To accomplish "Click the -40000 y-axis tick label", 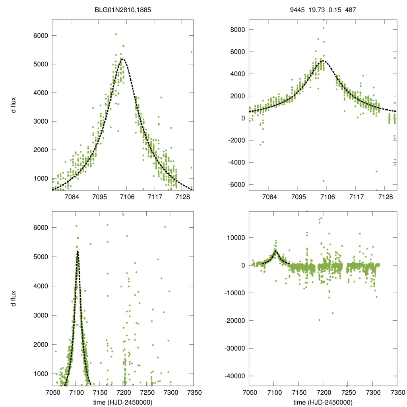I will pyautogui.click(x=233, y=376).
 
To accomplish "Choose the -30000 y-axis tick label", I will pyautogui.click(x=233, y=348).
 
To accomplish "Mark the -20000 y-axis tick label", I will pyautogui.click(x=233, y=320).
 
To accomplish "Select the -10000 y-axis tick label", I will pyautogui.click(x=233, y=293).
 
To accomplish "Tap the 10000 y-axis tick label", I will pyautogui.click(x=235, y=238).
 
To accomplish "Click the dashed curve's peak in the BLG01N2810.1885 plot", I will pyautogui.click(x=123, y=59).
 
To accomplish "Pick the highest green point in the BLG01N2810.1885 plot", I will pyautogui.click(x=116, y=34).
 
